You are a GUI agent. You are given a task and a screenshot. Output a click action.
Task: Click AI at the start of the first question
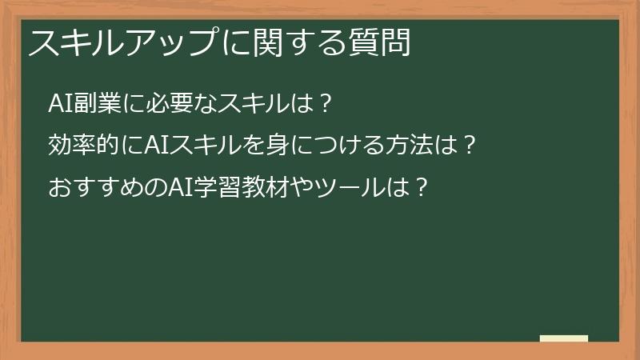tap(61, 105)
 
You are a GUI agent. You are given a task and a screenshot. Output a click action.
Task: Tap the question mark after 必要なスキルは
tap(324, 105)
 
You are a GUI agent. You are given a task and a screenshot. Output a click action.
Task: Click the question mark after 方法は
tap(470, 147)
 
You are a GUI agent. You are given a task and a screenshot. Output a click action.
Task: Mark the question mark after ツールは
tap(412, 190)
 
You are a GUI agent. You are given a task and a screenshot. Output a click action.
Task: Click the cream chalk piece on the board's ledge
tap(564, 338)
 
